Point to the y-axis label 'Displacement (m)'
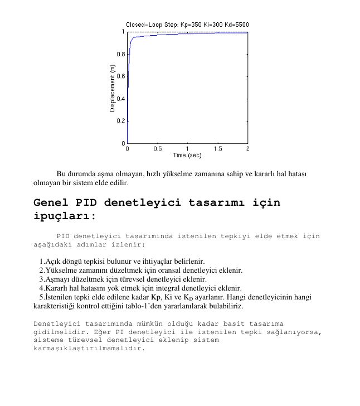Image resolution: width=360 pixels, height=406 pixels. (113, 88)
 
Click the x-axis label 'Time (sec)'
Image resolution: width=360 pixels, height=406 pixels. (187, 156)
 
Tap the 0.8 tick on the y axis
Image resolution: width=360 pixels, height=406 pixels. (121, 54)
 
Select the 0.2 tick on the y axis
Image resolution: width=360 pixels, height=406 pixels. (121, 120)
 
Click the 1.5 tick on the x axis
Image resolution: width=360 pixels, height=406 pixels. (217, 149)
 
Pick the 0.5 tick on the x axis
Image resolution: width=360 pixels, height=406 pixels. (157, 149)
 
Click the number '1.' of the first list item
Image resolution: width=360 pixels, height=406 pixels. (43, 261)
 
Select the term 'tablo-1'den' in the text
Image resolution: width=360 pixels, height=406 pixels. (158, 306)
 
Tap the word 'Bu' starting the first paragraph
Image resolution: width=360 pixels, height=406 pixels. (61, 174)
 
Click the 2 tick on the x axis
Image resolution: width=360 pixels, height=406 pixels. (247, 149)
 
